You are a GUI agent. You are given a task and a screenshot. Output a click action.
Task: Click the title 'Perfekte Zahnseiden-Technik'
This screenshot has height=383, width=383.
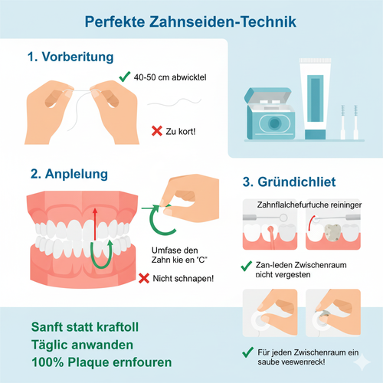pos(191,21)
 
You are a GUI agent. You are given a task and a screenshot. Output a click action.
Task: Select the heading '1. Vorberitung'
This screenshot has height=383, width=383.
pos(70,57)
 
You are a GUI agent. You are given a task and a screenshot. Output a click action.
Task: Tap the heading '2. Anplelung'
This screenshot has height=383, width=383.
pos(69,175)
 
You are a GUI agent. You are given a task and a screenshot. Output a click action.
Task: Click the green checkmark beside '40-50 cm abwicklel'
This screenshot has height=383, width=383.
pos(124,77)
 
